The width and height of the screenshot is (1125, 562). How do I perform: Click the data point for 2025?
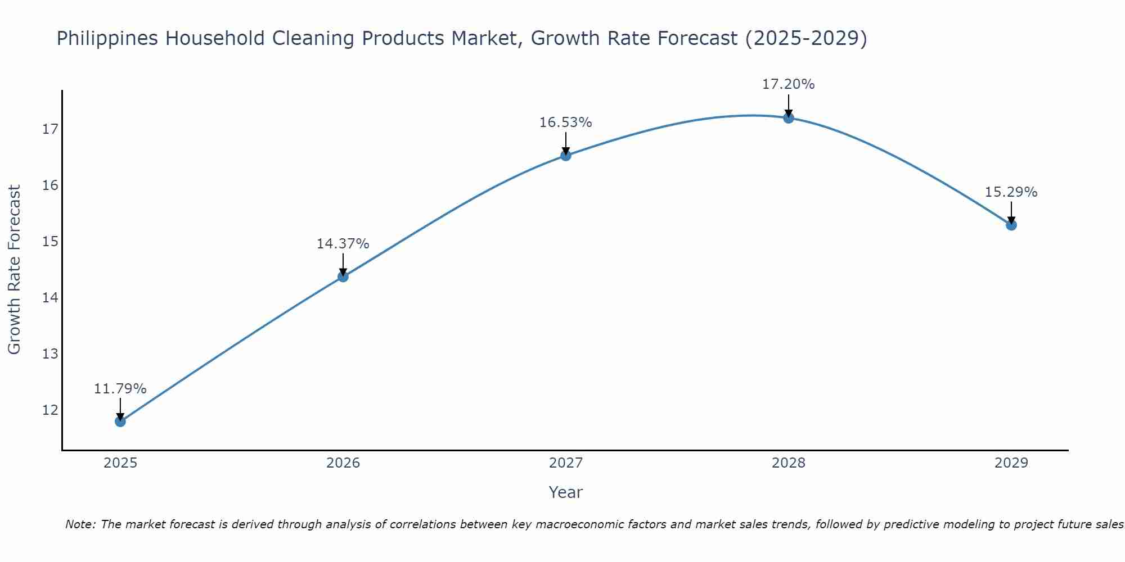click(120, 421)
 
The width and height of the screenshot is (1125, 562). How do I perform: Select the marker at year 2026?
click(343, 277)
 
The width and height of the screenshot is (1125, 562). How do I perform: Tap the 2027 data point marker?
click(566, 155)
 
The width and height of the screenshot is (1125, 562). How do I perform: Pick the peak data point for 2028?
click(789, 117)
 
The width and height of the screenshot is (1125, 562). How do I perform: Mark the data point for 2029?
click(1011, 225)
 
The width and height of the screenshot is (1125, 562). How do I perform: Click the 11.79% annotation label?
click(120, 389)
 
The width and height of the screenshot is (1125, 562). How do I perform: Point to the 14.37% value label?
click(343, 244)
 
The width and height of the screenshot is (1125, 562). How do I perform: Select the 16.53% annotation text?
click(566, 123)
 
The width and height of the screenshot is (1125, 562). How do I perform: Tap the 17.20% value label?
click(789, 84)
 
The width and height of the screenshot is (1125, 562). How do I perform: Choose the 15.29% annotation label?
click(1011, 192)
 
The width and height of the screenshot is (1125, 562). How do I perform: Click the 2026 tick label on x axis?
click(343, 463)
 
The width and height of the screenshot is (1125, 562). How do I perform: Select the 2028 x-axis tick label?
click(789, 463)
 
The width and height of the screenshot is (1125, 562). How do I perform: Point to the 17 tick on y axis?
click(50, 129)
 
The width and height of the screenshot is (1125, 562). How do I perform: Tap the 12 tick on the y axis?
click(50, 410)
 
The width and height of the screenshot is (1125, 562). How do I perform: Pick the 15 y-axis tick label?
click(50, 242)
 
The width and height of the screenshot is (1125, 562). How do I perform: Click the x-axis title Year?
click(566, 492)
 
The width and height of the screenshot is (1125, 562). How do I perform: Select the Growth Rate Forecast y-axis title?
click(15, 270)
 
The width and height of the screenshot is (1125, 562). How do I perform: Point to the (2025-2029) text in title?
click(806, 39)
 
